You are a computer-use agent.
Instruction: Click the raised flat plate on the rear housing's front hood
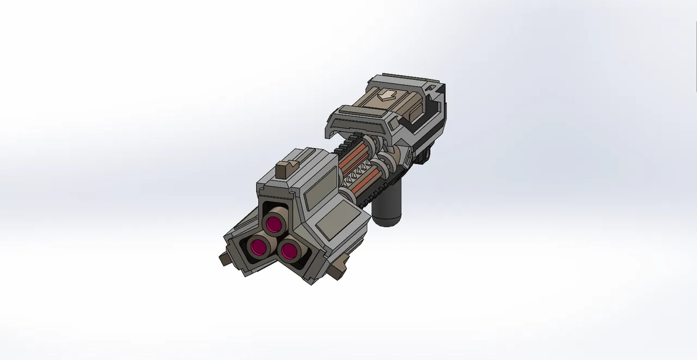[x=359, y=114]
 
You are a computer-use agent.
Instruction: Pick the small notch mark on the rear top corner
[x=431, y=87]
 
